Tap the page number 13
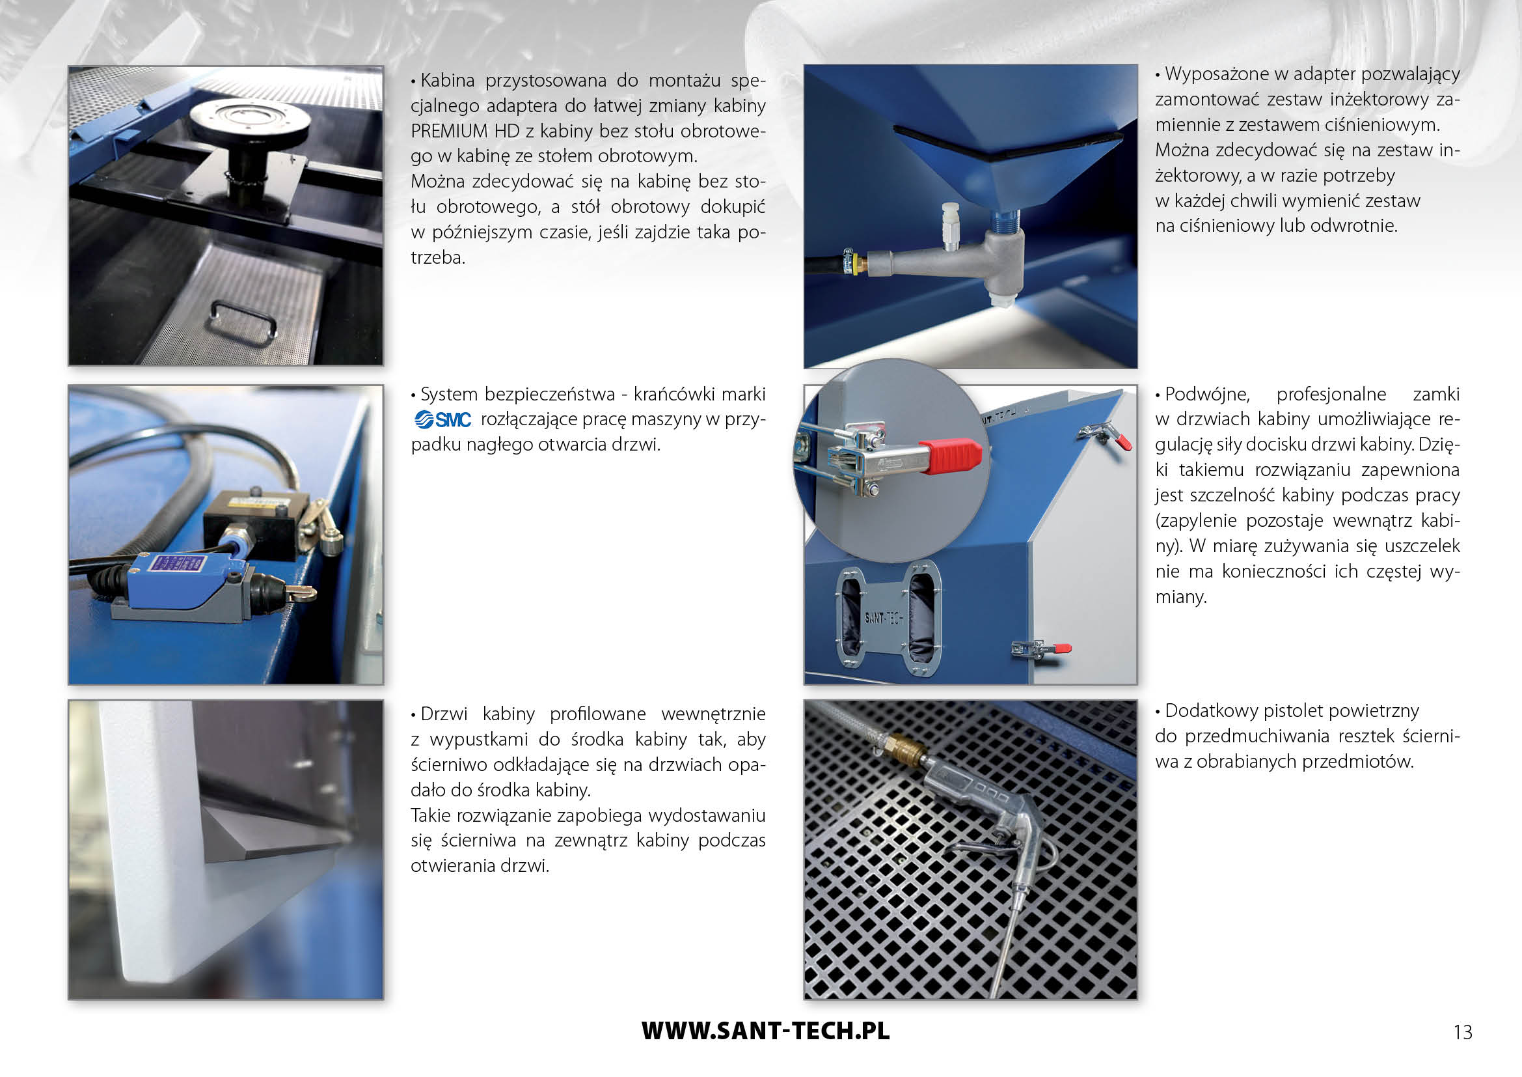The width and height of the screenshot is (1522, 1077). click(x=1462, y=1032)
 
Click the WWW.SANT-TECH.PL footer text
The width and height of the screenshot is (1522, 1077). click(x=765, y=1031)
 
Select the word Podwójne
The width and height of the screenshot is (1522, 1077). click(x=1207, y=395)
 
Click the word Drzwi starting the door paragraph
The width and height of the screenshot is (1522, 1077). click(x=444, y=714)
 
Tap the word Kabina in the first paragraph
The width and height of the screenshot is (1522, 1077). click(x=448, y=81)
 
